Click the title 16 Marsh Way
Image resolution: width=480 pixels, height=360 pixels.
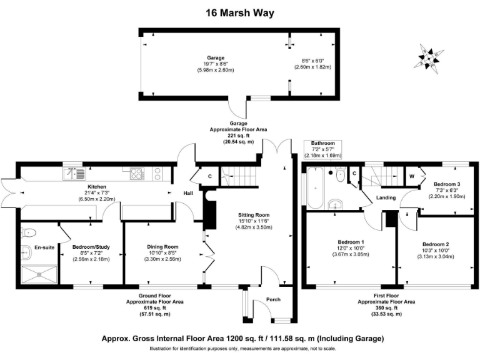pos(240,12)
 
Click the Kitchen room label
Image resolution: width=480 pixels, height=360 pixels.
pos(96,187)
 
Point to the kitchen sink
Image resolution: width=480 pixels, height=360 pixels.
pos(72,174)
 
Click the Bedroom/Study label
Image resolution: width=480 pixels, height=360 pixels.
pos(91,247)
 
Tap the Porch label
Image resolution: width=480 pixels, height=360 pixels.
pos(274,299)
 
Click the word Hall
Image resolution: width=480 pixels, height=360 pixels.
pos(187,194)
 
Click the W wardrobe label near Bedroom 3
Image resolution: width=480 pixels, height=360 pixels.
pos(412,176)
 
